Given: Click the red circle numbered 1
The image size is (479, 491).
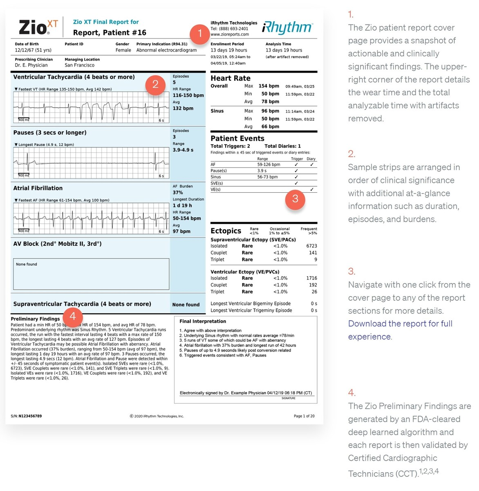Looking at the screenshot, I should point(199,34).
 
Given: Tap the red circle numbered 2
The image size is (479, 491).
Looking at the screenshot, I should point(155,84).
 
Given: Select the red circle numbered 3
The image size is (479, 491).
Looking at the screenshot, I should point(295,199).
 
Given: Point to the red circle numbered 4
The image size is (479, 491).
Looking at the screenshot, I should point(72,316).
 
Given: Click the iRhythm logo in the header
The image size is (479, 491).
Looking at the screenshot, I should point(287,28).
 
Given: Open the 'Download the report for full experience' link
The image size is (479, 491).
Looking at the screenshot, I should point(400,330).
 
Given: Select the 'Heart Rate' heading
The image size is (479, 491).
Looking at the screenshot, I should point(230,78).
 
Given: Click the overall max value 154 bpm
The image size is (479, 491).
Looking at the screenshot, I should point(269,86).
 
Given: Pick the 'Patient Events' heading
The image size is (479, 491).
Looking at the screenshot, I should point(237,138).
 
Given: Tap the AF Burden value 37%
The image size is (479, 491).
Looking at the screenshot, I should point(178,192).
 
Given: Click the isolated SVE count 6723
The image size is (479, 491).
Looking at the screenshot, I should point(311,246).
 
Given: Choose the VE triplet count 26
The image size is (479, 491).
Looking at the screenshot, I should point(314,292).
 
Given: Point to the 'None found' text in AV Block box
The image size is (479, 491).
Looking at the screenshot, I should point(26,264).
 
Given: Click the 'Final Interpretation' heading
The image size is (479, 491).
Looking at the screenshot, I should point(202,321).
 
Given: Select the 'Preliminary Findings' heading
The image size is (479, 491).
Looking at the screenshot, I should point(35,319).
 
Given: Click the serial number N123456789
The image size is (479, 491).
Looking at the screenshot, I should point(30,416).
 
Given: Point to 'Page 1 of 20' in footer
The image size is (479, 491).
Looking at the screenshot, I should point(304,416).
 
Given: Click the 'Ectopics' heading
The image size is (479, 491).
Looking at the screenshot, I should point(226,231).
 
